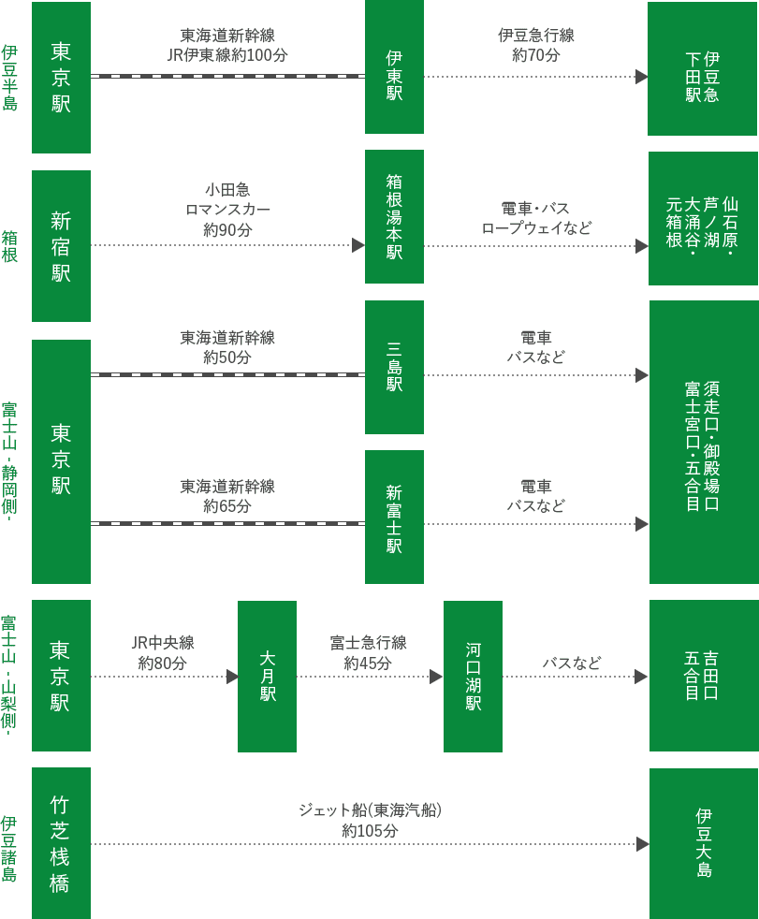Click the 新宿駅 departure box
(x=61, y=246)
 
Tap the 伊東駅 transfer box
(x=394, y=67)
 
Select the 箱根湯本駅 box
(x=394, y=217)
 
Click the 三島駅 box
(x=394, y=367)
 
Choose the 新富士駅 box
(x=394, y=518)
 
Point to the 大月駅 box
(x=267, y=676)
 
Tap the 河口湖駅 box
(x=473, y=676)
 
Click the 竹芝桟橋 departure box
(x=61, y=843)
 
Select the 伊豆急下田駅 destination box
(x=703, y=77)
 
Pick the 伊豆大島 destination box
(x=704, y=843)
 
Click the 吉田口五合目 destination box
(x=703, y=676)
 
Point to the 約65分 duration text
(x=227, y=506)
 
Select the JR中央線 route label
(x=163, y=643)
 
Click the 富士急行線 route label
(x=368, y=643)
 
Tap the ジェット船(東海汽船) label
(x=370, y=810)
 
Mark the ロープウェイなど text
(x=536, y=228)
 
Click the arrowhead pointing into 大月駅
(x=233, y=677)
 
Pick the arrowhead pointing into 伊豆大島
(x=643, y=844)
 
